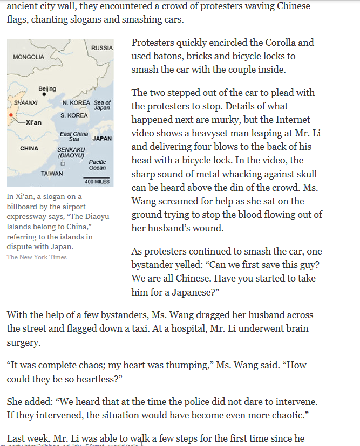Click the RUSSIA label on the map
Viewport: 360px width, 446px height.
tap(102, 48)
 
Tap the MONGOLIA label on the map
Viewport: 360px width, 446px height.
tap(29, 57)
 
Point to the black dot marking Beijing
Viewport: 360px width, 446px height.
tap(44, 94)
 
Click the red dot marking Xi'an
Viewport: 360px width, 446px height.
tap(10, 115)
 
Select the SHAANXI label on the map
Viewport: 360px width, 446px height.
tap(25, 102)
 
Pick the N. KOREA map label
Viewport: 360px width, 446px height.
tap(76, 102)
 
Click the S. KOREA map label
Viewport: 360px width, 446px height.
tap(74, 115)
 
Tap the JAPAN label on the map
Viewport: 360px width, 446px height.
tap(102, 139)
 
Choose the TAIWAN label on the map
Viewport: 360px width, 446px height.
tap(52, 174)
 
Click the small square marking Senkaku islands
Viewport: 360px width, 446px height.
tap(63, 163)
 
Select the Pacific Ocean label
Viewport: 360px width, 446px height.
tap(97, 164)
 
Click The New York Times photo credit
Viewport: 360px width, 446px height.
tap(37, 257)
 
